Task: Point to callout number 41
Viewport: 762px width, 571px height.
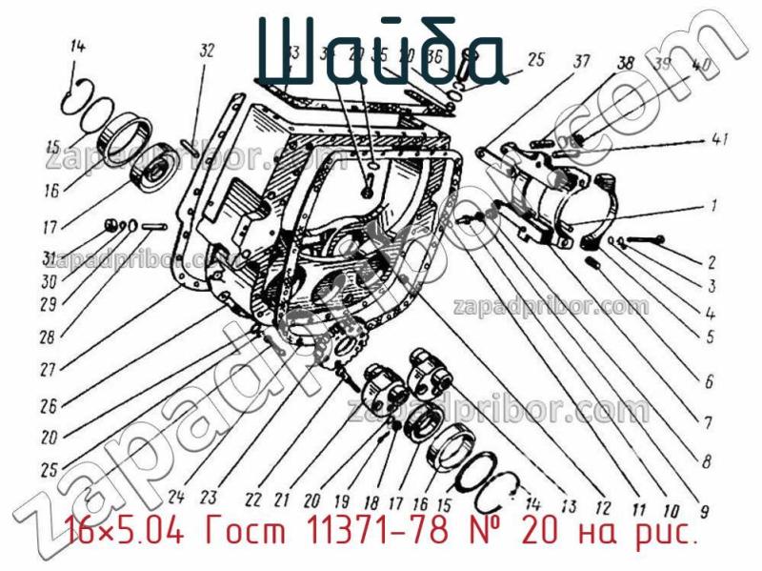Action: point(720,140)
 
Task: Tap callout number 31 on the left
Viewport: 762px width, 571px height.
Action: point(48,257)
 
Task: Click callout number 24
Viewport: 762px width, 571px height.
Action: point(175,495)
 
